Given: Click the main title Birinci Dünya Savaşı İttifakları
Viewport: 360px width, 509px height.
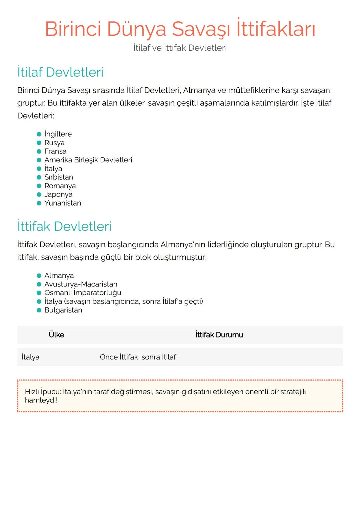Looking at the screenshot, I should coord(180,29).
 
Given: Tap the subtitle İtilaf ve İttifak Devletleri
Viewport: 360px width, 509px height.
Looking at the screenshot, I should coord(180,48).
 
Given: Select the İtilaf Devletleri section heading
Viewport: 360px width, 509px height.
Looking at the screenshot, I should coord(60,72).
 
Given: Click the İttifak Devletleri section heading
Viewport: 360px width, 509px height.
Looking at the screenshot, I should coord(64,227).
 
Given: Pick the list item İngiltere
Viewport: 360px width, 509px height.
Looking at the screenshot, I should coord(58,134).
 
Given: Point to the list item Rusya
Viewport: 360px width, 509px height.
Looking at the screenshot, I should coord(54,143).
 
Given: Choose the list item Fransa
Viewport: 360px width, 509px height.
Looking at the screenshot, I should coord(55,151).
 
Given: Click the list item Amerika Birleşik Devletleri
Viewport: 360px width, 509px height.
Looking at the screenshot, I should coord(88,160).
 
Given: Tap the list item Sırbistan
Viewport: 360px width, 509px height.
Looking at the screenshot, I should coord(59,177).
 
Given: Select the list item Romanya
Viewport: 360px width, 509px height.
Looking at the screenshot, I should coord(60,186).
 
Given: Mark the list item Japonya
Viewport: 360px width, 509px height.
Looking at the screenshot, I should coord(58,195).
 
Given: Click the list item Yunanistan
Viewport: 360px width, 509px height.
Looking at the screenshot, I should coord(63,203).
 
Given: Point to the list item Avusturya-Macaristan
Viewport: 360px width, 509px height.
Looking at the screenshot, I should coord(81,284).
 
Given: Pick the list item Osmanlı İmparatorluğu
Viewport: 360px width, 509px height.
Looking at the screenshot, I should coord(83,293).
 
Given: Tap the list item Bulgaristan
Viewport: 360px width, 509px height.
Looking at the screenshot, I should coord(63,310).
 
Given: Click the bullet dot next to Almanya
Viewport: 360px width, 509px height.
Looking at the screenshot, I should coord(39,276).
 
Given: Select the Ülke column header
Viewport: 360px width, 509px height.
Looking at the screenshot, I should coord(56,335).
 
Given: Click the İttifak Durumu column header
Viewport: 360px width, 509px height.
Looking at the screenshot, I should coord(219,335).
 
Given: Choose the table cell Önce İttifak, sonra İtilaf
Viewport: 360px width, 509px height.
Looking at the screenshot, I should coord(138,357).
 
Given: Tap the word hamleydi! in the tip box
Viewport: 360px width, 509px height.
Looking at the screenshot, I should coord(41,400).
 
